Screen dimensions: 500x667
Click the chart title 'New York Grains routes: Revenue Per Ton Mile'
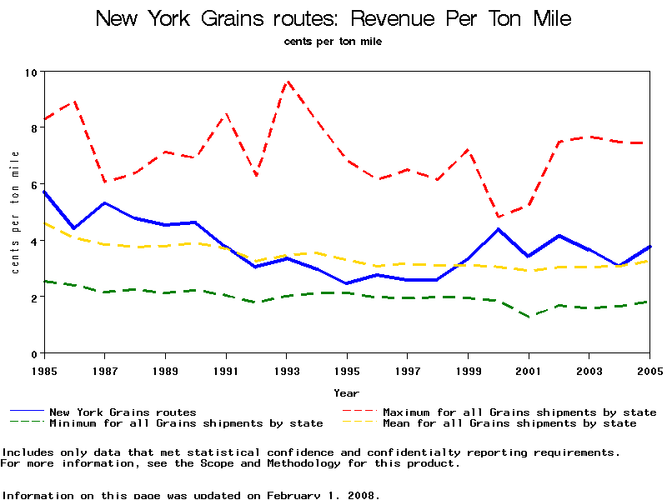[x=333, y=18]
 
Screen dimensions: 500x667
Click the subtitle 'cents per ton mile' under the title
[x=333, y=41]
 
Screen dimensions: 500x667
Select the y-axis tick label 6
[x=34, y=185]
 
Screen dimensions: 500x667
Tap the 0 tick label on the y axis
[x=34, y=354]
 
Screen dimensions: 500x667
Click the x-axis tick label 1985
[x=44, y=369]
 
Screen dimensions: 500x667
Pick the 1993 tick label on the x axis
[x=286, y=369]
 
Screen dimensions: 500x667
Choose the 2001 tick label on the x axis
[x=529, y=369]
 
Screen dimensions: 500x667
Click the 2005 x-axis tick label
[x=649, y=369]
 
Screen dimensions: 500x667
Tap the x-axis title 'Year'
[x=347, y=392]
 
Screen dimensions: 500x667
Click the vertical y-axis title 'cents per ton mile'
[x=15, y=212]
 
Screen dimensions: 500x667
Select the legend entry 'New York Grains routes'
[x=123, y=412]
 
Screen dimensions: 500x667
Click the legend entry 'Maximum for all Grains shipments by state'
[x=519, y=412]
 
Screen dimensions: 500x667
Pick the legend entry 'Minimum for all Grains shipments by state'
[x=186, y=423]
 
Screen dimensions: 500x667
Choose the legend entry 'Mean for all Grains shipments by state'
[x=509, y=423]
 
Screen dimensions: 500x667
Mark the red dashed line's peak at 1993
[x=287, y=82]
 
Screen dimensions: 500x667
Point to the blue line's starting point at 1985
[x=44, y=192]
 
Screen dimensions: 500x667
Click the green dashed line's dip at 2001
[x=529, y=317]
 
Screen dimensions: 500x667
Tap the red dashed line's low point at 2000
[x=499, y=217]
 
